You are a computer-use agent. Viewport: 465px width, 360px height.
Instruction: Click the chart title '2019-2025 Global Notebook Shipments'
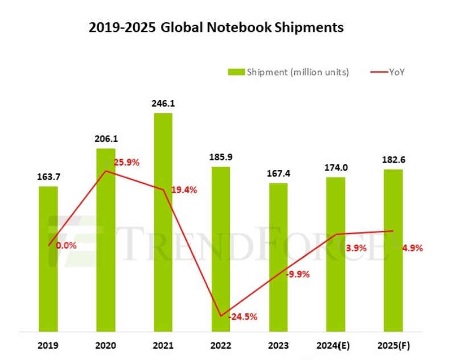pos(216,27)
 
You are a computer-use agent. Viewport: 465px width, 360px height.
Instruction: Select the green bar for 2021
pos(163,222)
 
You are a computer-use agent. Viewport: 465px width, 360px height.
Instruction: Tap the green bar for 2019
pos(48,259)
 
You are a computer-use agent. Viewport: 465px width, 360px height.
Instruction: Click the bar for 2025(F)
pos(393,250)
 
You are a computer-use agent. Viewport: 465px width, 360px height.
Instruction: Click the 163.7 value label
pos(48,176)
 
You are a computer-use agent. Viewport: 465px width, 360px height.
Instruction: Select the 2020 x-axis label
pos(105,345)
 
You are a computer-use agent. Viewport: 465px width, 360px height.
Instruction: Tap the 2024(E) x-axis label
pos(335,345)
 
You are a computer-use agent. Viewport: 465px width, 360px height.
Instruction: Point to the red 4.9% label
pos(411,248)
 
